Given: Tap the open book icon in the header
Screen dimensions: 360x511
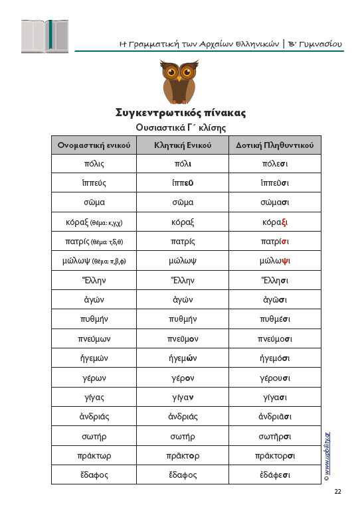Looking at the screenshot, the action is [45, 36].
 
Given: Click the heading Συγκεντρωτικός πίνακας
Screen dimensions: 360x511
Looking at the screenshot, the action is [181, 113].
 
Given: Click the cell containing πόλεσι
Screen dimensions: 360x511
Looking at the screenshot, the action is [266, 163].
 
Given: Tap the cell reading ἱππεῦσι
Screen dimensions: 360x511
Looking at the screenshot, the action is [266, 183].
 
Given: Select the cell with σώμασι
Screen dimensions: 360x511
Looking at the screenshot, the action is [266, 202].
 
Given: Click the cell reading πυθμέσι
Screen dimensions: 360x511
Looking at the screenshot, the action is [266, 319].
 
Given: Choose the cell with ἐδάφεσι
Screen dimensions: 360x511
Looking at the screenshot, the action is [266, 475].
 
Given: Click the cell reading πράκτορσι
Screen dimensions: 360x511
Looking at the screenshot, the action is [266, 456].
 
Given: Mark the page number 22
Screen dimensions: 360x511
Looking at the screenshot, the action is [337, 492].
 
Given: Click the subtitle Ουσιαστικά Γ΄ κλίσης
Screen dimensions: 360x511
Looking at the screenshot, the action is [181, 127].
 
